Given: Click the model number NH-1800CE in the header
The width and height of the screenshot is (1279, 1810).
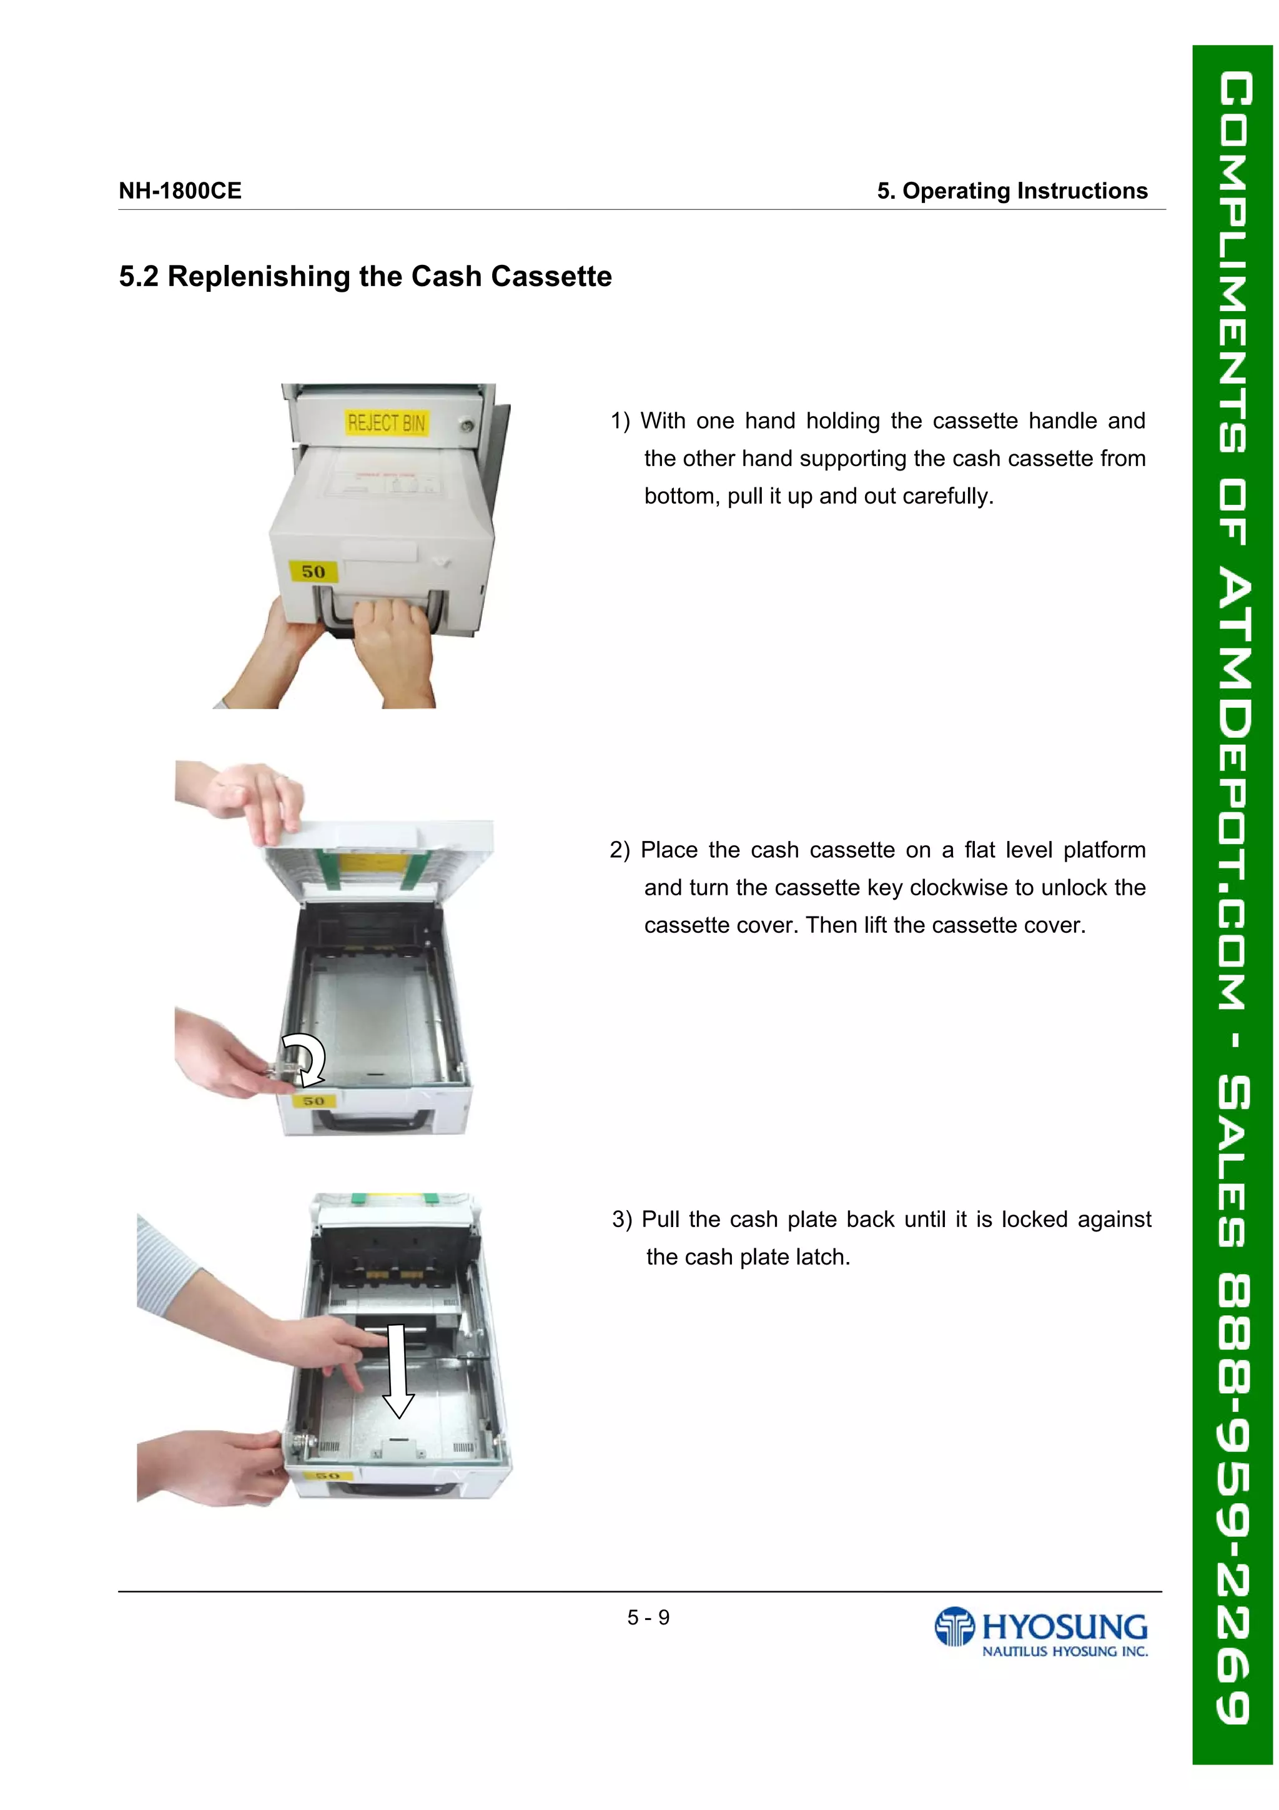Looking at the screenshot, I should pyautogui.click(x=180, y=191).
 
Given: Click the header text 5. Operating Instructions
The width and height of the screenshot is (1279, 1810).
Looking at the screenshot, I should pyautogui.click(x=1011, y=191).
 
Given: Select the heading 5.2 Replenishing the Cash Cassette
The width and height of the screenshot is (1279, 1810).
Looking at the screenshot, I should pyautogui.click(x=365, y=277).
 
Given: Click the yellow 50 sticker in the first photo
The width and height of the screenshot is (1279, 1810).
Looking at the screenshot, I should pyautogui.click(x=313, y=571).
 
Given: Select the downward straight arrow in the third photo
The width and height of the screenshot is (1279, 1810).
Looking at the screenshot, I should pyautogui.click(x=398, y=1371).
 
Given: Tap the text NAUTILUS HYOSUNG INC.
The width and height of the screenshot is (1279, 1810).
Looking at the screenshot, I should pyautogui.click(x=1064, y=1651).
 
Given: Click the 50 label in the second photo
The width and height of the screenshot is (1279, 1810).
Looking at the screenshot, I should pyautogui.click(x=314, y=1100).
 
